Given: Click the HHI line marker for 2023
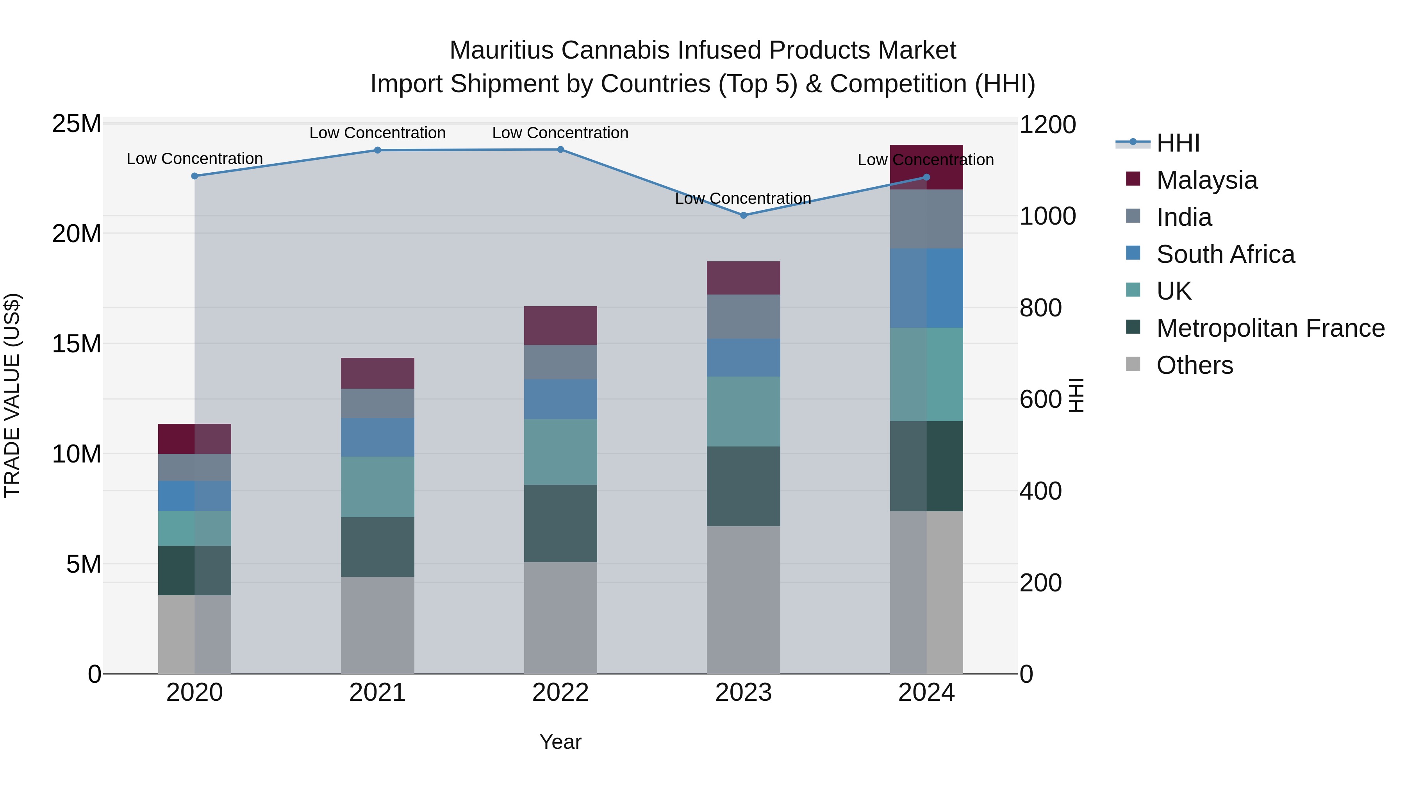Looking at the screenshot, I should tap(743, 215).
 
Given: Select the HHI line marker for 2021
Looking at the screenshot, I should tap(377, 150).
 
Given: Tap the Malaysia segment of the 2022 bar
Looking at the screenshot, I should tap(560, 325).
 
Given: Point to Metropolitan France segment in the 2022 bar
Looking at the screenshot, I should tap(560, 523).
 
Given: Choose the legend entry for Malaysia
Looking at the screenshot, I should tap(1206, 180).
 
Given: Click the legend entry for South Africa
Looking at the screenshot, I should tap(1225, 254).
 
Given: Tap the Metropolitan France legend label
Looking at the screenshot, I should tap(1270, 328).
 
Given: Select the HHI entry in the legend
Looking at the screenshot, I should tap(1178, 143).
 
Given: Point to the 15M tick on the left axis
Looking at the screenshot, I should tap(77, 344).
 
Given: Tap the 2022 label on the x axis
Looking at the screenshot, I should tap(560, 693).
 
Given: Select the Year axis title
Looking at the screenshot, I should tap(560, 742).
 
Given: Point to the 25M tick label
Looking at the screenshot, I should tap(77, 124).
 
